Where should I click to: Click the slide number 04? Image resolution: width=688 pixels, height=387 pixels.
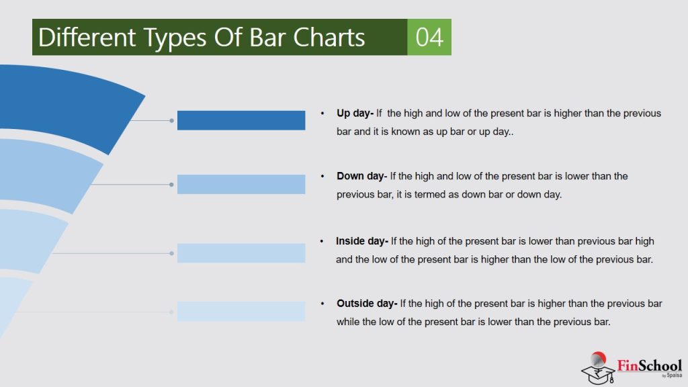click(429, 37)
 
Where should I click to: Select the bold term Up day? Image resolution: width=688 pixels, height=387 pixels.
click(355, 113)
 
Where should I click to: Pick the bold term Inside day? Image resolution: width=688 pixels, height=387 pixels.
click(361, 241)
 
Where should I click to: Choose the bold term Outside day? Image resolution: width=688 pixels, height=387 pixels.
click(366, 304)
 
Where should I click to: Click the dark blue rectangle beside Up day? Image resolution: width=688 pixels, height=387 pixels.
click(241, 120)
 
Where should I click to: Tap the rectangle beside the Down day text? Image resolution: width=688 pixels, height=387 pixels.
click(241, 184)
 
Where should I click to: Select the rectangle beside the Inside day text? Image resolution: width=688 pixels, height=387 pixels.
click(241, 253)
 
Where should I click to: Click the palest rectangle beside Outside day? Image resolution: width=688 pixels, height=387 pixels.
click(241, 312)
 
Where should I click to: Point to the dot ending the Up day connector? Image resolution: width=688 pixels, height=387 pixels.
click(172, 121)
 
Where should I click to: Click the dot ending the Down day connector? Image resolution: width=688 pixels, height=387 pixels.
click(172, 184)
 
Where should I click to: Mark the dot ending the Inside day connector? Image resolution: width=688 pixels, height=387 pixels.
click(172, 253)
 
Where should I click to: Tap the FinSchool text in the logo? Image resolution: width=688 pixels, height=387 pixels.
click(649, 365)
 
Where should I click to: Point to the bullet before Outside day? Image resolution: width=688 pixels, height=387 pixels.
click(323, 304)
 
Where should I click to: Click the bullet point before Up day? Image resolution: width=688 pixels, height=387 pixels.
click(323, 113)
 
